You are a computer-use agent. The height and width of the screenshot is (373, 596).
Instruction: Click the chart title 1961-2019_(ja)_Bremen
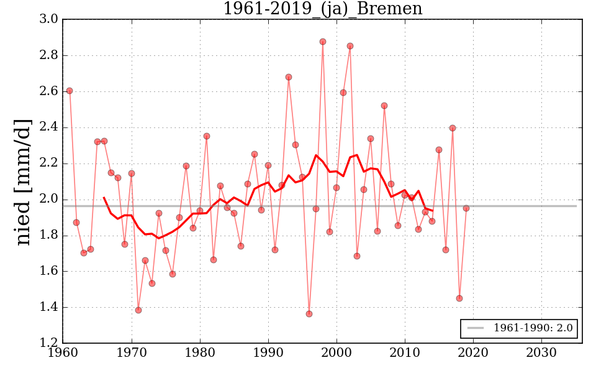tap(322, 9)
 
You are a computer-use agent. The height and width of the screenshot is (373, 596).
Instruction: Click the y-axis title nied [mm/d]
tap(23, 182)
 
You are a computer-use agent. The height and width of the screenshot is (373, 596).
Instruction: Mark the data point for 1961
tap(70, 91)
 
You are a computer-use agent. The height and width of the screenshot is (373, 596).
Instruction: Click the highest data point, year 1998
tap(323, 42)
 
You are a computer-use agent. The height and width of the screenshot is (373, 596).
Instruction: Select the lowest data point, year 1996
tap(309, 314)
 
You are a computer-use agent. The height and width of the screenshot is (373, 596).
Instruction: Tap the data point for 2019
tap(466, 208)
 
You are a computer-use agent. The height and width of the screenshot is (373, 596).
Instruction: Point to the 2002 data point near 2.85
tap(350, 46)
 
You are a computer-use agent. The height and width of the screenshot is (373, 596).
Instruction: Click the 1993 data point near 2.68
tap(289, 77)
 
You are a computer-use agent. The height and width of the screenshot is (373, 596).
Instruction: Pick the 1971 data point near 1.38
tap(138, 310)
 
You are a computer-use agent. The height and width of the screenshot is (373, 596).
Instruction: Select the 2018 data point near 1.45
tap(459, 298)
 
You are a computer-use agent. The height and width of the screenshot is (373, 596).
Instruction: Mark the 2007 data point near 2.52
tap(384, 106)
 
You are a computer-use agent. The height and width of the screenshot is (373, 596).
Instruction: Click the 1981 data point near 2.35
tap(207, 136)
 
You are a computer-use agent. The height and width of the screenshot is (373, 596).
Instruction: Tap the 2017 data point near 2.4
tap(453, 128)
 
